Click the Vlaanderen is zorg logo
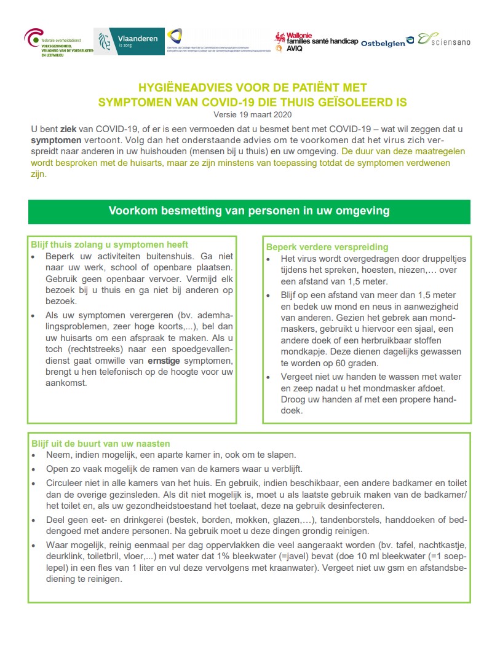click(129, 41)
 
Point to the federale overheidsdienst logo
click(58, 42)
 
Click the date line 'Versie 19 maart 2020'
click(249, 114)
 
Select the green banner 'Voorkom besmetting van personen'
click(249, 211)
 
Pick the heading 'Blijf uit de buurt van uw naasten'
click(100, 443)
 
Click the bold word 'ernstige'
click(169, 359)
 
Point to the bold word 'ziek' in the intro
click(68, 129)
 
